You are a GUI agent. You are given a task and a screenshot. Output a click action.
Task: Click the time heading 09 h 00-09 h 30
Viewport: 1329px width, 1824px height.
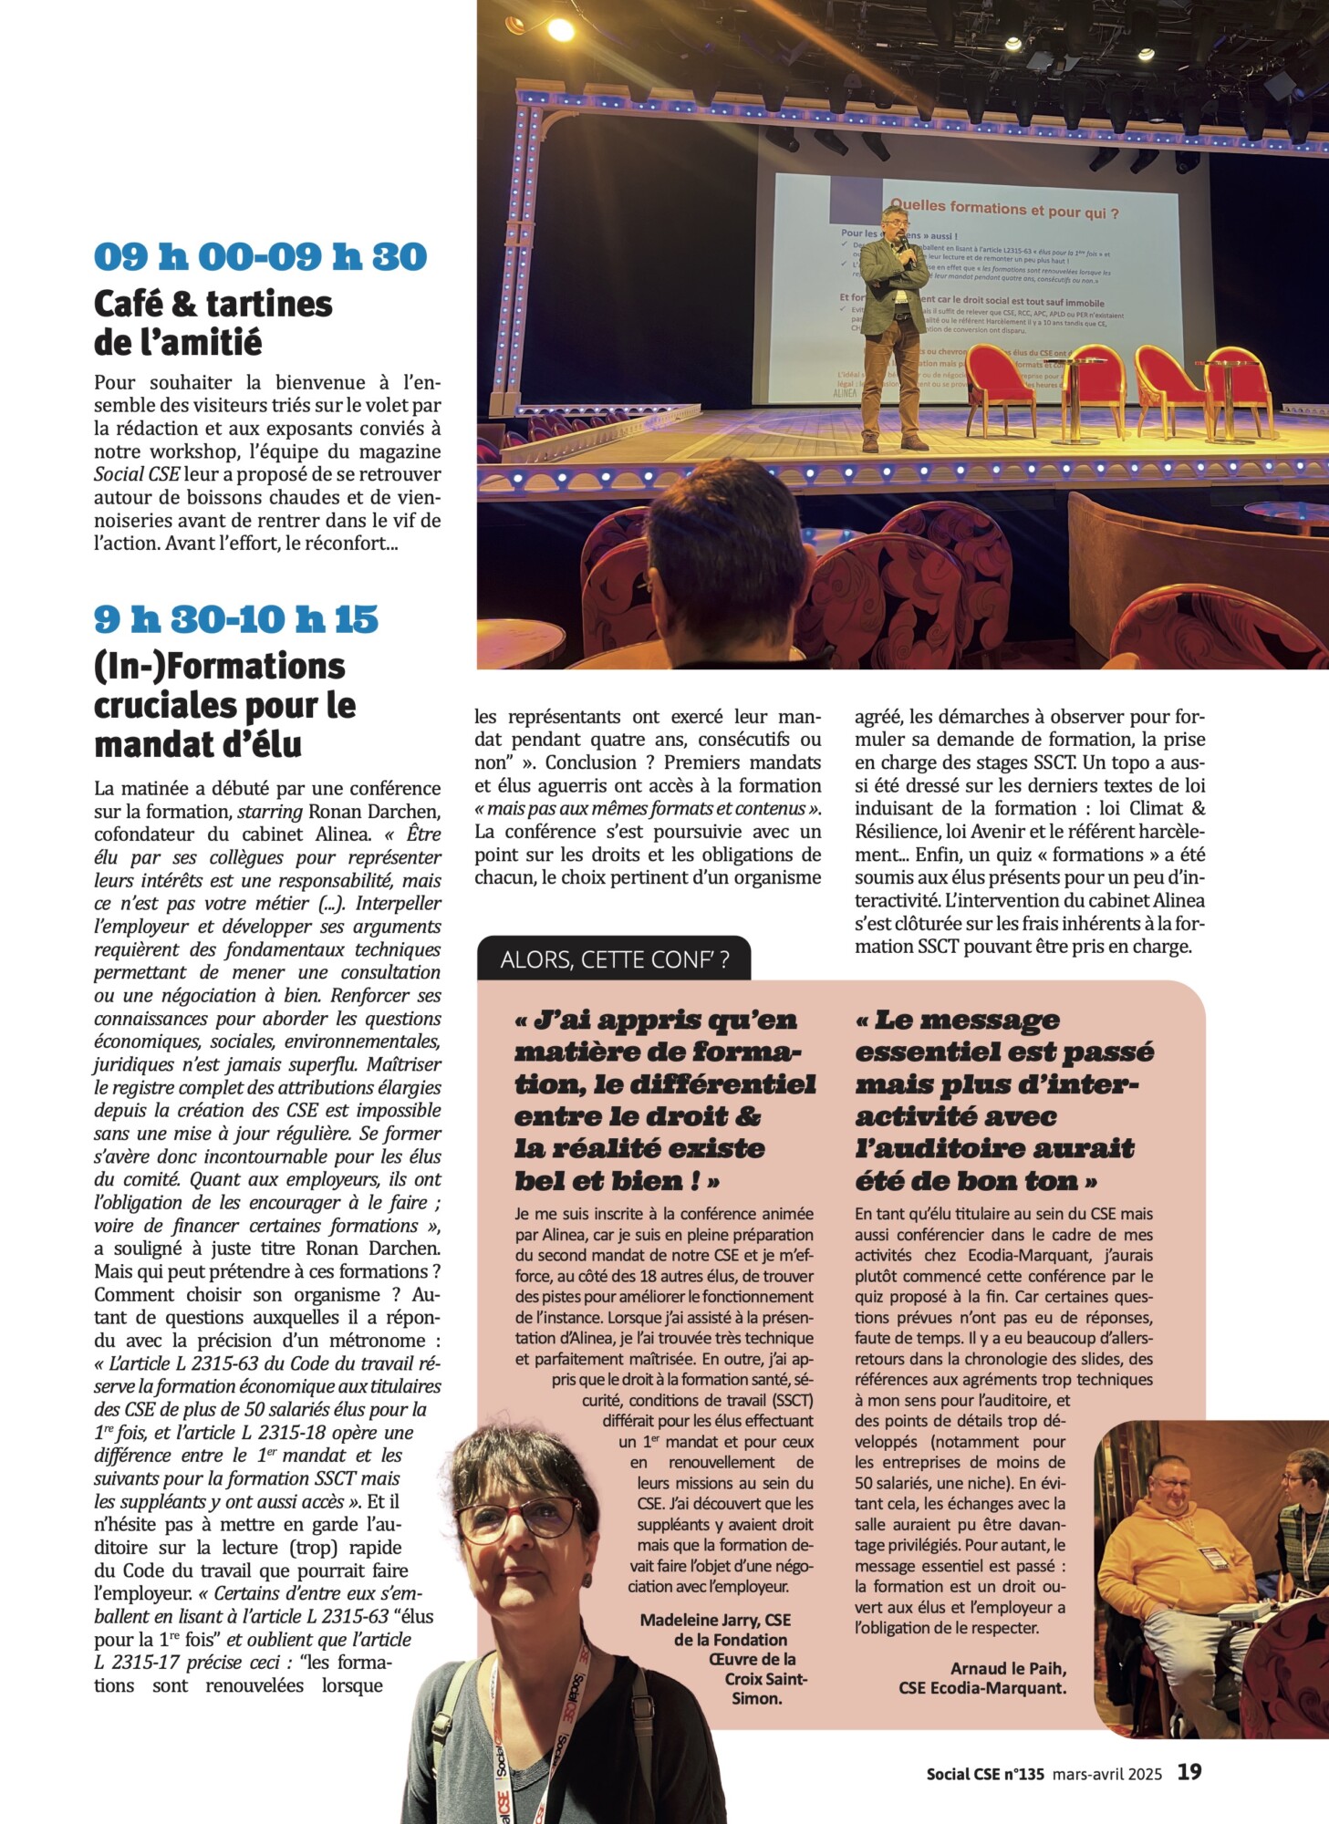pos(260,256)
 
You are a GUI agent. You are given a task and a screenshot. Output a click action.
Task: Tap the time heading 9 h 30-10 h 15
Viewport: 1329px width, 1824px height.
pos(235,619)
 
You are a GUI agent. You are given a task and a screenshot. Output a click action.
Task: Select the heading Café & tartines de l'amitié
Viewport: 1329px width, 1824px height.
pos(213,323)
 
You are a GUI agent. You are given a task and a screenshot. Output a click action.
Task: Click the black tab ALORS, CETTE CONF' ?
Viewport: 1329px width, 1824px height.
pos(614,959)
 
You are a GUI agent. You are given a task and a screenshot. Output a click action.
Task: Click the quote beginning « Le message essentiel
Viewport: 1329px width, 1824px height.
pos(1003,1100)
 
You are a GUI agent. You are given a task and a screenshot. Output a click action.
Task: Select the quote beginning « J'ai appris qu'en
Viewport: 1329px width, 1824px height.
pos(664,1100)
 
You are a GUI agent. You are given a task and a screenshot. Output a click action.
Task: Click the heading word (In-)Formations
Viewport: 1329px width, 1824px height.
pos(220,666)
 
